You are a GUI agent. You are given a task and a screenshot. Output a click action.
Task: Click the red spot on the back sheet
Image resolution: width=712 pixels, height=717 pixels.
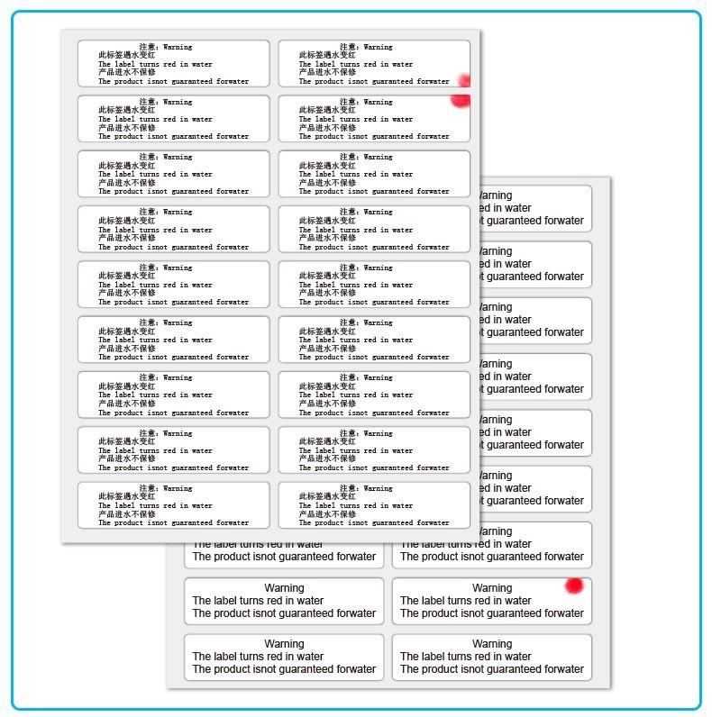[x=573, y=586]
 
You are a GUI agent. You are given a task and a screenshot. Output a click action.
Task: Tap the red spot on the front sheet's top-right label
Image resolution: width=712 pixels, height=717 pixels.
[x=464, y=80]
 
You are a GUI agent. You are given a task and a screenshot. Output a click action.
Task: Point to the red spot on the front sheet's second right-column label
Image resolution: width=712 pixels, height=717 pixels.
[x=461, y=100]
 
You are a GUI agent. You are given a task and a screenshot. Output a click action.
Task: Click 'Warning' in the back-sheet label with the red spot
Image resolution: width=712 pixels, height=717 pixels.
[x=492, y=588]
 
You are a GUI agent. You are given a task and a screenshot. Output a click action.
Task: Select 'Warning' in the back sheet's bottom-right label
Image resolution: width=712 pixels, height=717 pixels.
[x=492, y=644]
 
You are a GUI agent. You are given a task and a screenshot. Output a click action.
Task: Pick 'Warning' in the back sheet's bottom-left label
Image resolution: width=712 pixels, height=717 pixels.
[x=284, y=644]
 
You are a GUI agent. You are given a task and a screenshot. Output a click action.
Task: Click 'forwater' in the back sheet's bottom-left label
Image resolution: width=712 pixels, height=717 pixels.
[x=352, y=669]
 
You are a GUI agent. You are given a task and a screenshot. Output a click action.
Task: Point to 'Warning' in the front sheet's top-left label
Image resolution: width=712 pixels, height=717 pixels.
[x=177, y=47]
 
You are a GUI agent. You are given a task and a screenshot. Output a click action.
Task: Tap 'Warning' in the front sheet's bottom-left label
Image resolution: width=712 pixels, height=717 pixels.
[x=177, y=488]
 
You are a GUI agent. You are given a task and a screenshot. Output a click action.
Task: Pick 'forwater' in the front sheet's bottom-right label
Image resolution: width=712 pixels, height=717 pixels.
[x=432, y=522]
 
